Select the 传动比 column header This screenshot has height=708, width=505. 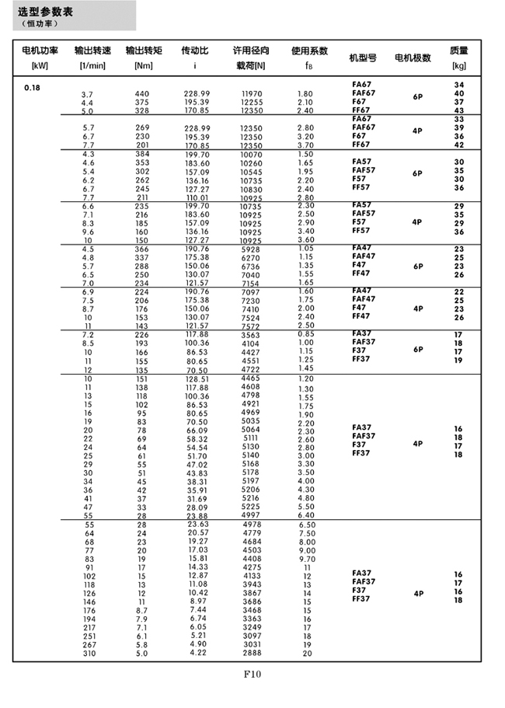pos(194,51)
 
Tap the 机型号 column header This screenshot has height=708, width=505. pos(362,58)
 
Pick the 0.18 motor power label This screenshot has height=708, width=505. pos(32,87)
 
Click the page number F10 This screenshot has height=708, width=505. pos(252,674)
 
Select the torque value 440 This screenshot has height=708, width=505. pos(142,94)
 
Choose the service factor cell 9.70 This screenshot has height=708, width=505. pos(307,559)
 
